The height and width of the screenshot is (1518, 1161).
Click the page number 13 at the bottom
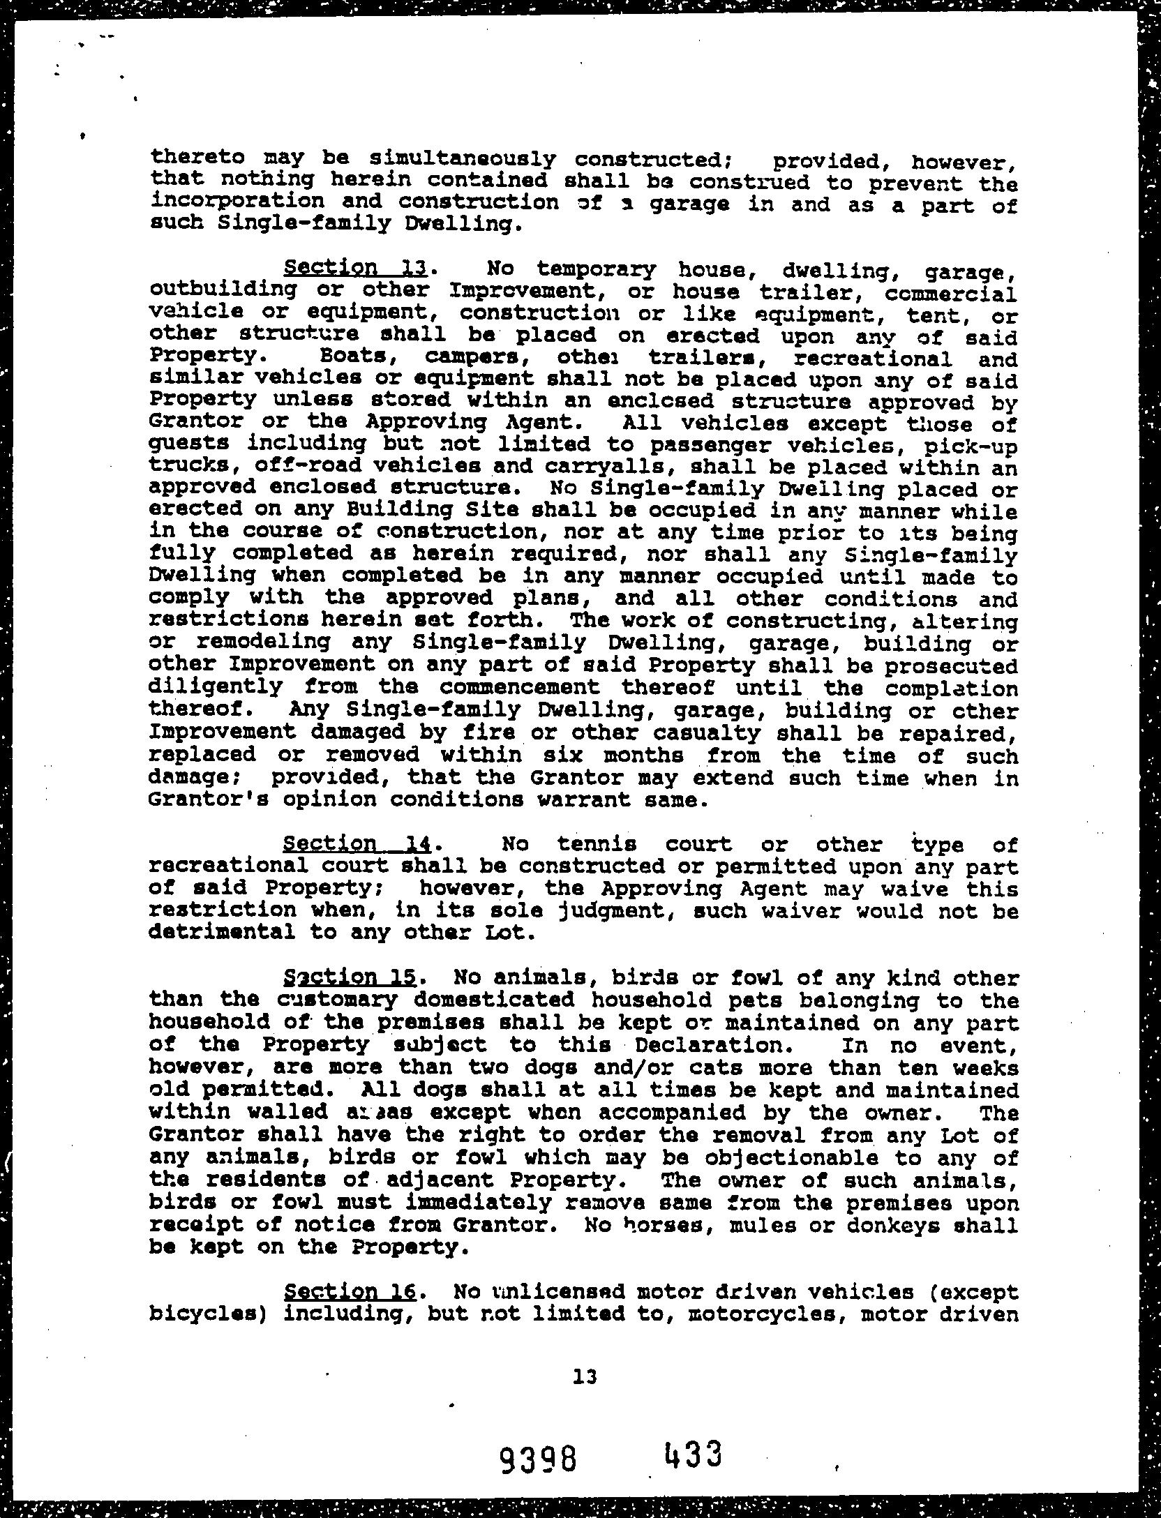585,1376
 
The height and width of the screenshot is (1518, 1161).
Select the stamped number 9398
539,1459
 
